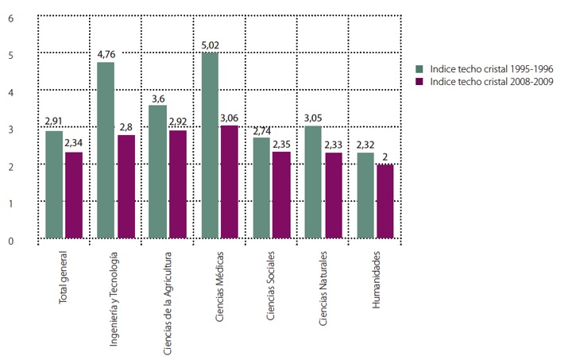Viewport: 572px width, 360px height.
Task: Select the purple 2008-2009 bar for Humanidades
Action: (x=385, y=201)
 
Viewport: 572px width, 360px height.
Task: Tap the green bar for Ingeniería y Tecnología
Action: (x=106, y=150)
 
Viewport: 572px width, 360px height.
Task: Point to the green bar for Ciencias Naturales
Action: (x=314, y=182)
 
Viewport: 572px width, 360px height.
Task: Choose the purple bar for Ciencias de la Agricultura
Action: (x=178, y=184)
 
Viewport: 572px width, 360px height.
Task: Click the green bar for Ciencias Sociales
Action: (x=262, y=188)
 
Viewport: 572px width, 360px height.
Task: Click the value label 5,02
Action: (x=210, y=45)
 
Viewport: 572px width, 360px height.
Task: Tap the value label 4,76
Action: (x=106, y=55)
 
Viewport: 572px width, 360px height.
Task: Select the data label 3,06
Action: (x=230, y=118)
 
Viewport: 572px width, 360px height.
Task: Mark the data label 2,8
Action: (x=126, y=127)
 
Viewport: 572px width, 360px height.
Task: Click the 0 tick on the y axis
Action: (x=10, y=241)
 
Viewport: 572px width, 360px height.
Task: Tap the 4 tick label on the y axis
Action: (x=10, y=91)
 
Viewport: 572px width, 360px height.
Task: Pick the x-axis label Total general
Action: (x=65, y=280)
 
